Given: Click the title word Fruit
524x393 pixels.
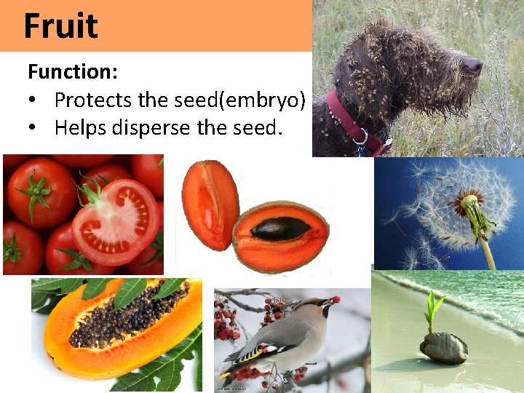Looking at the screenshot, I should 60,26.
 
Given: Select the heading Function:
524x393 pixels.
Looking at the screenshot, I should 73,72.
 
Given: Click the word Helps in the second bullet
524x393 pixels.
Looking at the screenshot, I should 84,127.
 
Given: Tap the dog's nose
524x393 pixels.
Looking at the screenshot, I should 475,65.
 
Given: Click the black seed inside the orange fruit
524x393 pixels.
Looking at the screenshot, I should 280,229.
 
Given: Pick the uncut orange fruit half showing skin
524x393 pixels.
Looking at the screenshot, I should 209,206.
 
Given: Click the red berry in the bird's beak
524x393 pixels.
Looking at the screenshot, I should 336,299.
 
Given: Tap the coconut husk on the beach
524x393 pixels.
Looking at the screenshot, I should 443,347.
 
